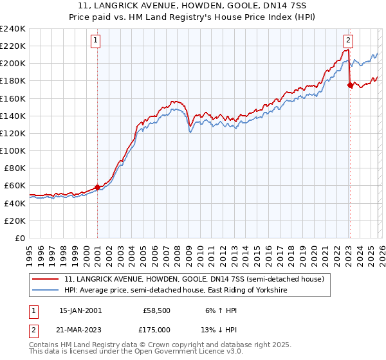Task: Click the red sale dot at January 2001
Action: pos(97,187)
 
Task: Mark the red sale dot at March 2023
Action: pos(349,85)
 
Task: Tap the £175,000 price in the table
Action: pos(156,329)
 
